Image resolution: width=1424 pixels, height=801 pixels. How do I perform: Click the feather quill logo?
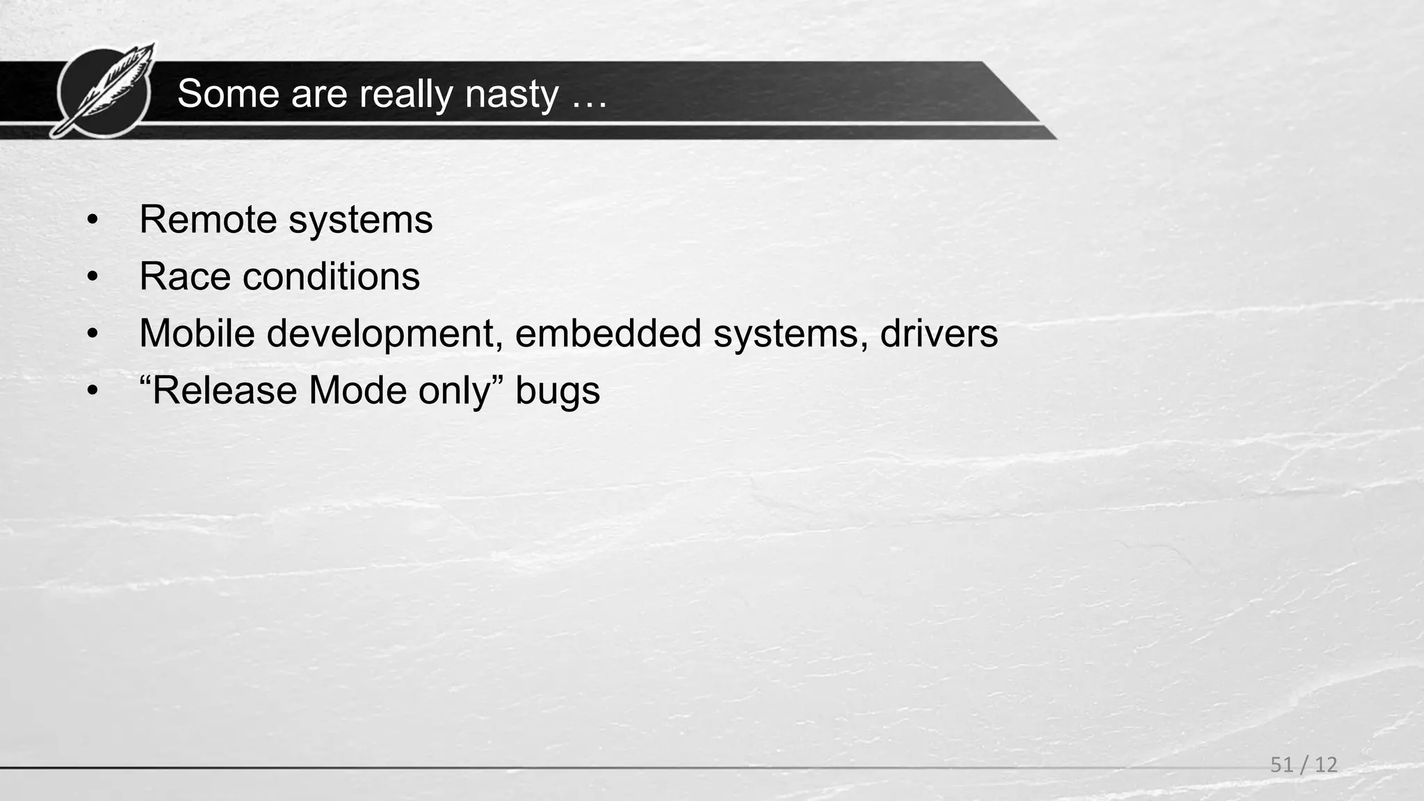coord(104,91)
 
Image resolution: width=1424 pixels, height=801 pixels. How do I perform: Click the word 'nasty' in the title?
coord(511,94)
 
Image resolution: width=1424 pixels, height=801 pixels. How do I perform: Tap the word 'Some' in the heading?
coord(228,94)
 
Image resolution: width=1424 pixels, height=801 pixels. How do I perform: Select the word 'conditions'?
coord(331,277)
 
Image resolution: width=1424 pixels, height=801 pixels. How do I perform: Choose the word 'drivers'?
coord(939,333)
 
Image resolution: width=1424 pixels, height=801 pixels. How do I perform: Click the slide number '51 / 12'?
coord(1304,765)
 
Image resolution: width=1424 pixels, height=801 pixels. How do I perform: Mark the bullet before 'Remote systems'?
coord(93,220)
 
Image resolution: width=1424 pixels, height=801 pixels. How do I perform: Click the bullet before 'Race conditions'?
coord(93,277)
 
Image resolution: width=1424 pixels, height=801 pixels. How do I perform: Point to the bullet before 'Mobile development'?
coord(93,334)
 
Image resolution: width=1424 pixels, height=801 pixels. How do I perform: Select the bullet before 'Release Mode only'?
coord(93,391)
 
